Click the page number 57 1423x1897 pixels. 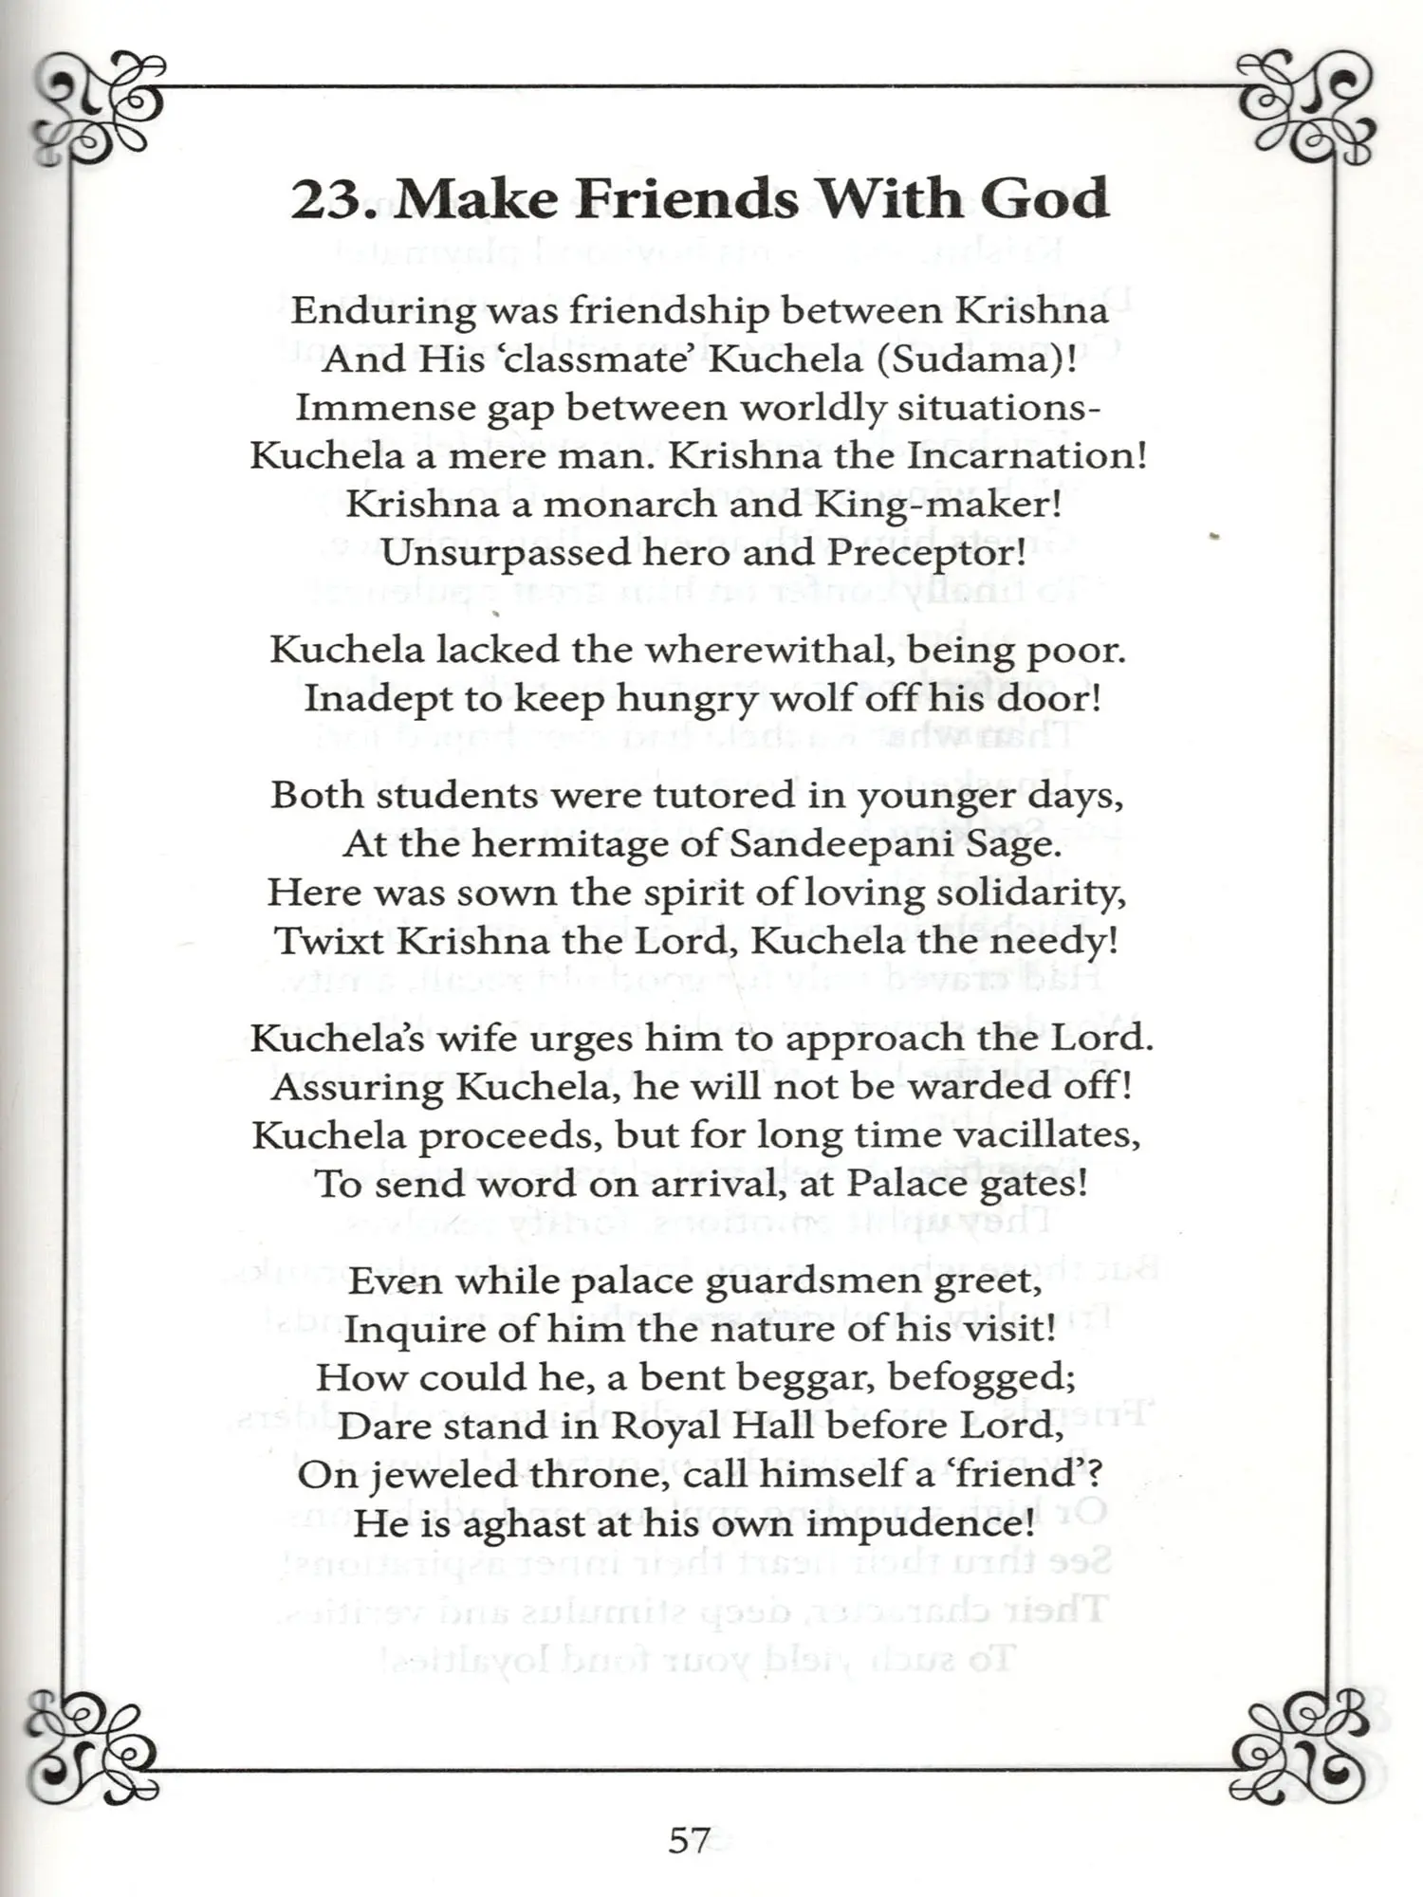click(x=689, y=1840)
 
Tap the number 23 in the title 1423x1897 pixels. click(x=325, y=199)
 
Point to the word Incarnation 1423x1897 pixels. click(x=1027, y=456)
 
